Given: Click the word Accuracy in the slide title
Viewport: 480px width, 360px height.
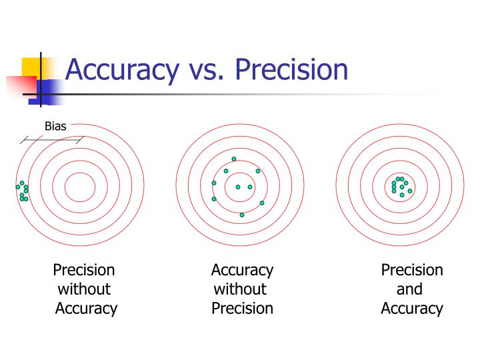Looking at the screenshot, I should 121,70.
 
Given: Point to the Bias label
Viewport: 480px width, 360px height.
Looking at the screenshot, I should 55,126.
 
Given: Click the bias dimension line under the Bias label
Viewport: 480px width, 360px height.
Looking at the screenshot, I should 51,140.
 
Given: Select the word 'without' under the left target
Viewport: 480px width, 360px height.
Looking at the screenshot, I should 84,289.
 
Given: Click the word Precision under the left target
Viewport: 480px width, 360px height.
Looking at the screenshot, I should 84,270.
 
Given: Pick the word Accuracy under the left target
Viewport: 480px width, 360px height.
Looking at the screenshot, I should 86,309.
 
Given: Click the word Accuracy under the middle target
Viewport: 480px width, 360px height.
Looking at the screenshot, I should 242,270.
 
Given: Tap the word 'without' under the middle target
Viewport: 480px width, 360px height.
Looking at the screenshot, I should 240,289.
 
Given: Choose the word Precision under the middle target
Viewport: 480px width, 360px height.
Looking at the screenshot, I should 242,309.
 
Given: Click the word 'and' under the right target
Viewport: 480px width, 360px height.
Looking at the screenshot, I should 409,289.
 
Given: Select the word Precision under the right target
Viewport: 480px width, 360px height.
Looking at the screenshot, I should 412,270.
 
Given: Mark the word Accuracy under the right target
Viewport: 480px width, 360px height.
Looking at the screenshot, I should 412,309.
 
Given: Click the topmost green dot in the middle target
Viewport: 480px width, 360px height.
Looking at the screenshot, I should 234,159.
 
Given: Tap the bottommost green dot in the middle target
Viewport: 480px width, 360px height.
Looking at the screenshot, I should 242,215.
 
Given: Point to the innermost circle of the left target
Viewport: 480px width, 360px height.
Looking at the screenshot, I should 80,186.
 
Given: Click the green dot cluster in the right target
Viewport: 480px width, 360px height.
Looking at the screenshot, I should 401,187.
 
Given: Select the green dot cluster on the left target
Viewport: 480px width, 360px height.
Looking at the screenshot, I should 23,191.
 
